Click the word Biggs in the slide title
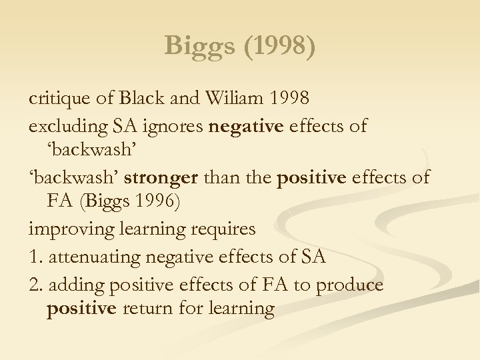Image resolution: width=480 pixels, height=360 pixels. pos(197,45)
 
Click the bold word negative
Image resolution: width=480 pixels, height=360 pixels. pos(246,126)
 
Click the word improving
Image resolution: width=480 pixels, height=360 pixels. pos(69,229)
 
